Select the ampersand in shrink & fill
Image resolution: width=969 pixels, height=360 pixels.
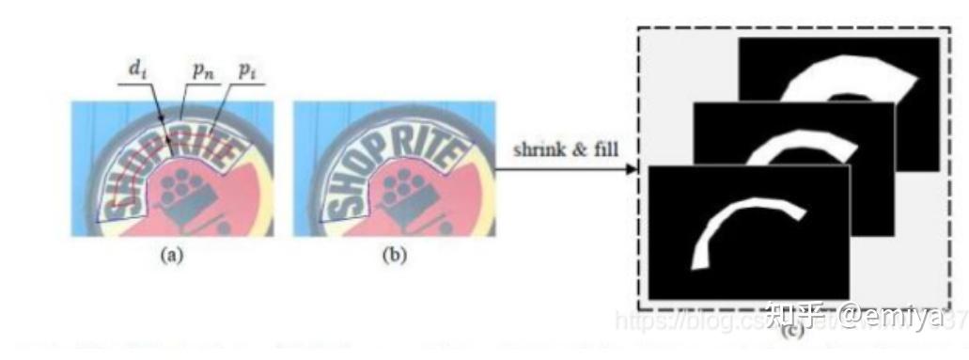pyautogui.click(x=573, y=150)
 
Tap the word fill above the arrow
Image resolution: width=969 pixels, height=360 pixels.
pyautogui.click(x=599, y=150)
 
